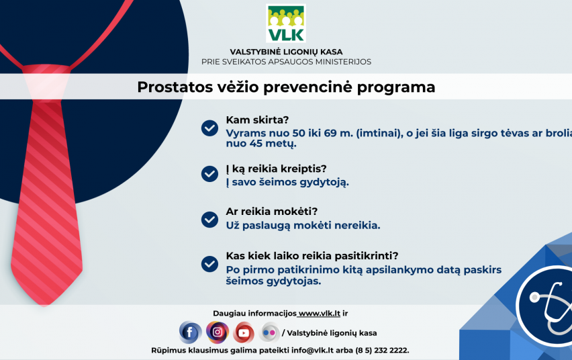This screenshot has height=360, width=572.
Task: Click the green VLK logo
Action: pyautogui.click(x=285, y=24)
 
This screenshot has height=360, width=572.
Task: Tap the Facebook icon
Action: pyautogui.click(x=190, y=332)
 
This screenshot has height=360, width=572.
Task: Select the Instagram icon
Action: pyautogui.click(x=218, y=332)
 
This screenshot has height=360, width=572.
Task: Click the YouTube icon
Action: pyautogui.click(x=244, y=332)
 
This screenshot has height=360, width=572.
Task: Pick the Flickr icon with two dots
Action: pyautogui.click(x=269, y=332)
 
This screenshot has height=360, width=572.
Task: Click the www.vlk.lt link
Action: pyautogui.click(x=320, y=313)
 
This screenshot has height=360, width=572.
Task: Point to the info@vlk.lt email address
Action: pyautogui.click(x=312, y=350)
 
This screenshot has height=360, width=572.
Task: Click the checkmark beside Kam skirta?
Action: pyautogui.click(x=209, y=128)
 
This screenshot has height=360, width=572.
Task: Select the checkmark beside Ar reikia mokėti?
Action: pyautogui.click(x=209, y=220)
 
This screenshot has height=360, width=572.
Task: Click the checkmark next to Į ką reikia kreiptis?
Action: pyautogui.click(x=209, y=174)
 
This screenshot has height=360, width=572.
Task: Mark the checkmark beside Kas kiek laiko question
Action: pyautogui.click(x=209, y=263)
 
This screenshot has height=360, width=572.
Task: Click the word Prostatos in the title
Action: pyautogui.click(x=175, y=87)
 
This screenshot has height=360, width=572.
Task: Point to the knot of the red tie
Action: pyautogui.click(x=46, y=82)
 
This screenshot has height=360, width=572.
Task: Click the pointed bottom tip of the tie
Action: pyautogui.click(x=44, y=305)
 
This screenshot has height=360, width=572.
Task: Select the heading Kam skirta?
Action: pyautogui.click(x=257, y=120)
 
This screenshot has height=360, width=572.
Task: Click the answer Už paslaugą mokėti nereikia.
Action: pyautogui.click(x=303, y=226)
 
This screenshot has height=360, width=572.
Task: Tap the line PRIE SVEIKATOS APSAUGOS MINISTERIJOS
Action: pyautogui.click(x=286, y=62)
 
